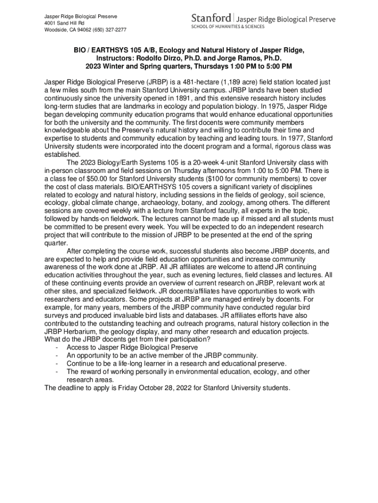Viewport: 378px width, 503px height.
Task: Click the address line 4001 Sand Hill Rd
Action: click(x=64, y=23)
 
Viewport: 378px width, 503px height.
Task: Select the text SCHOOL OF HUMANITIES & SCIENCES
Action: click(x=228, y=27)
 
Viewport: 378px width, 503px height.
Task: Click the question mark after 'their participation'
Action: click(x=209, y=339)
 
